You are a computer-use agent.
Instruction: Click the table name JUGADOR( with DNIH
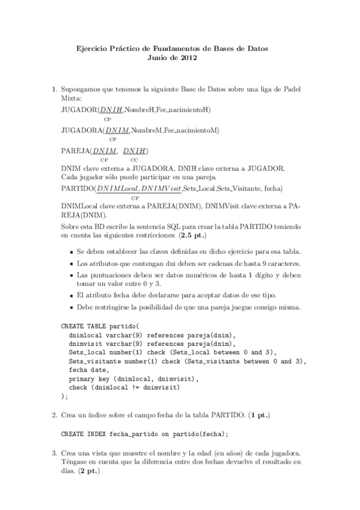81,109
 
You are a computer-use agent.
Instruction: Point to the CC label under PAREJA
135,159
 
